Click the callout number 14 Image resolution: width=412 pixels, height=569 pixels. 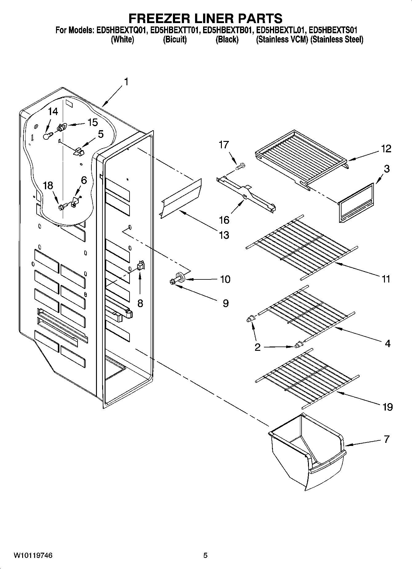(53, 111)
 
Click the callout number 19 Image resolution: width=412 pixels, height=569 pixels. (388, 407)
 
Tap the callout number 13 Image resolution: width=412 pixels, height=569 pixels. (224, 235)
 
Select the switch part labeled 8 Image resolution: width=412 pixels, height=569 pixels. (141, 265)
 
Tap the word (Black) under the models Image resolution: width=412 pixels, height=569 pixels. (227, 39)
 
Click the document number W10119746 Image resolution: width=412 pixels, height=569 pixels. (33, 555)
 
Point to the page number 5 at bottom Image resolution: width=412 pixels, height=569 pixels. (205, 555)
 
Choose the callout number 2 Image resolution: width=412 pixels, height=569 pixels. (258, 347)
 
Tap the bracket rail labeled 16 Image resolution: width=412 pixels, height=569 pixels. (246, 194)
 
